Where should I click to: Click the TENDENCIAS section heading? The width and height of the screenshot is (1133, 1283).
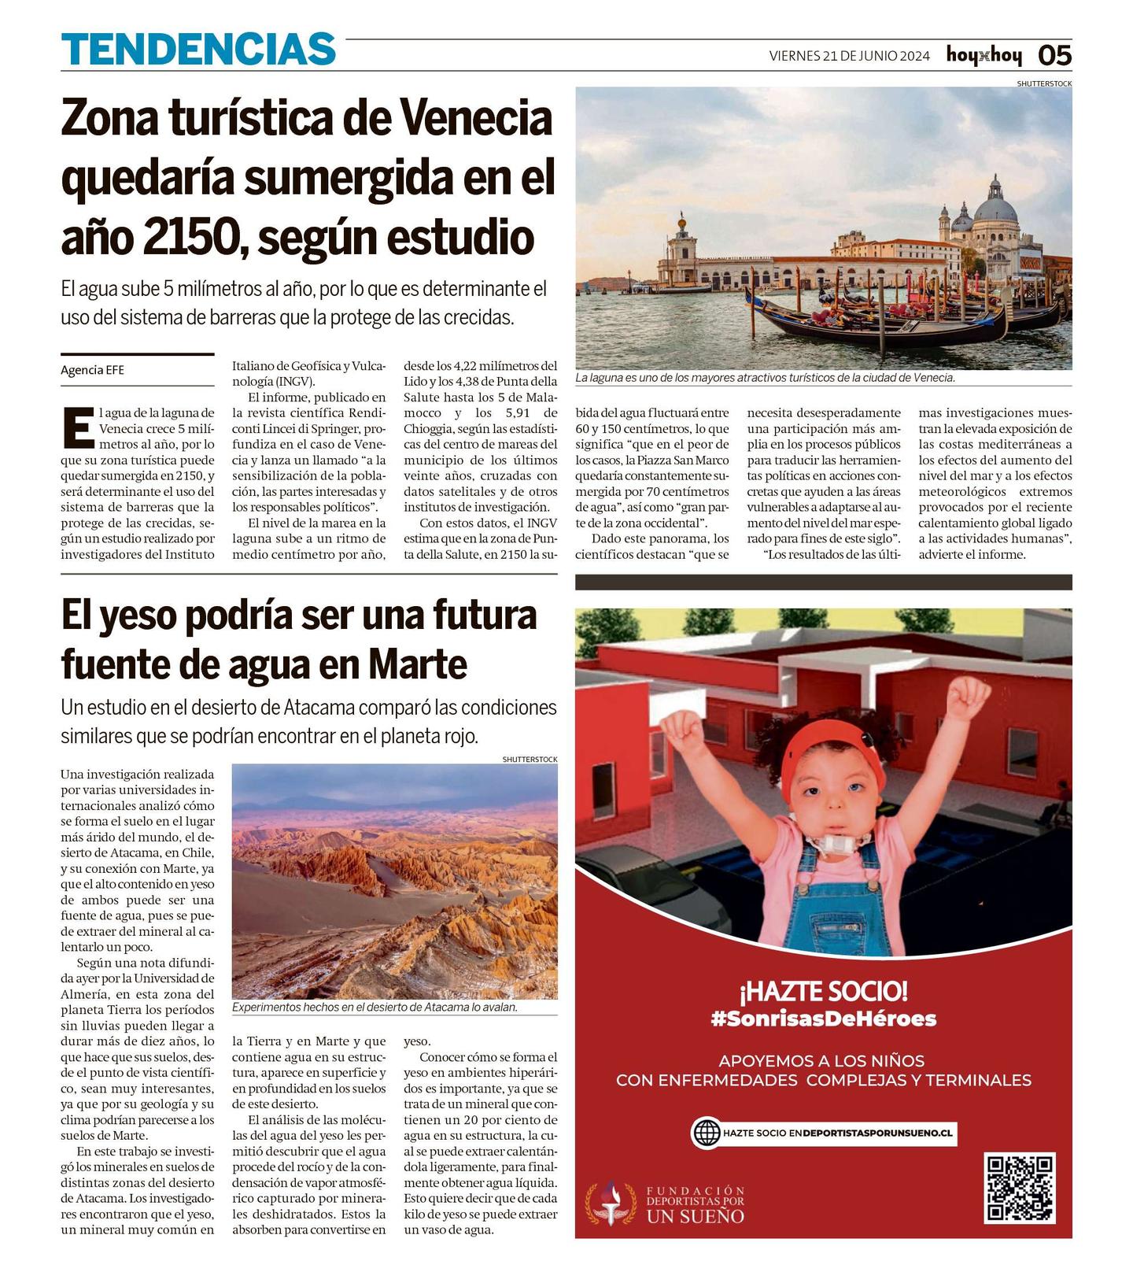(x=198, y=50)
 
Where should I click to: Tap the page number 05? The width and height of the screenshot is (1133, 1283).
(x=1054, y=55)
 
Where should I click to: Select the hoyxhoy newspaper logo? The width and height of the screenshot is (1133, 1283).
(x=984, y=55)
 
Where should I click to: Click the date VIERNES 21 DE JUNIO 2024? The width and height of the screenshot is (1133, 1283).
(x=849, y=56)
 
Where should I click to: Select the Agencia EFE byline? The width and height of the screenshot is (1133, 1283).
(x=92, y=370)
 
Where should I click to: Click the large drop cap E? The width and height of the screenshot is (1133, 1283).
(x=78, y=428)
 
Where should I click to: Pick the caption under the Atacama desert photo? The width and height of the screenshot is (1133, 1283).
(x=375, y=1008)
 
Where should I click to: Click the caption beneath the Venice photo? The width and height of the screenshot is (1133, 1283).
(x=765, y=378)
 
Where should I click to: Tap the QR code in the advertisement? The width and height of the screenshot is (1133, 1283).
(x=1019, y=1187)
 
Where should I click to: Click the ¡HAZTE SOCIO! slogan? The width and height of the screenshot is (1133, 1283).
(x=823, y=991)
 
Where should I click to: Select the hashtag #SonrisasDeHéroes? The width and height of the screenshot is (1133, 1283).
(x=823, y=1019)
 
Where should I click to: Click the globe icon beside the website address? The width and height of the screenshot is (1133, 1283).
(x=706, y=1133)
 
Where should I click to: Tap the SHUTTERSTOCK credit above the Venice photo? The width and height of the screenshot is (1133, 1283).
(x=1043, y=83)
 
